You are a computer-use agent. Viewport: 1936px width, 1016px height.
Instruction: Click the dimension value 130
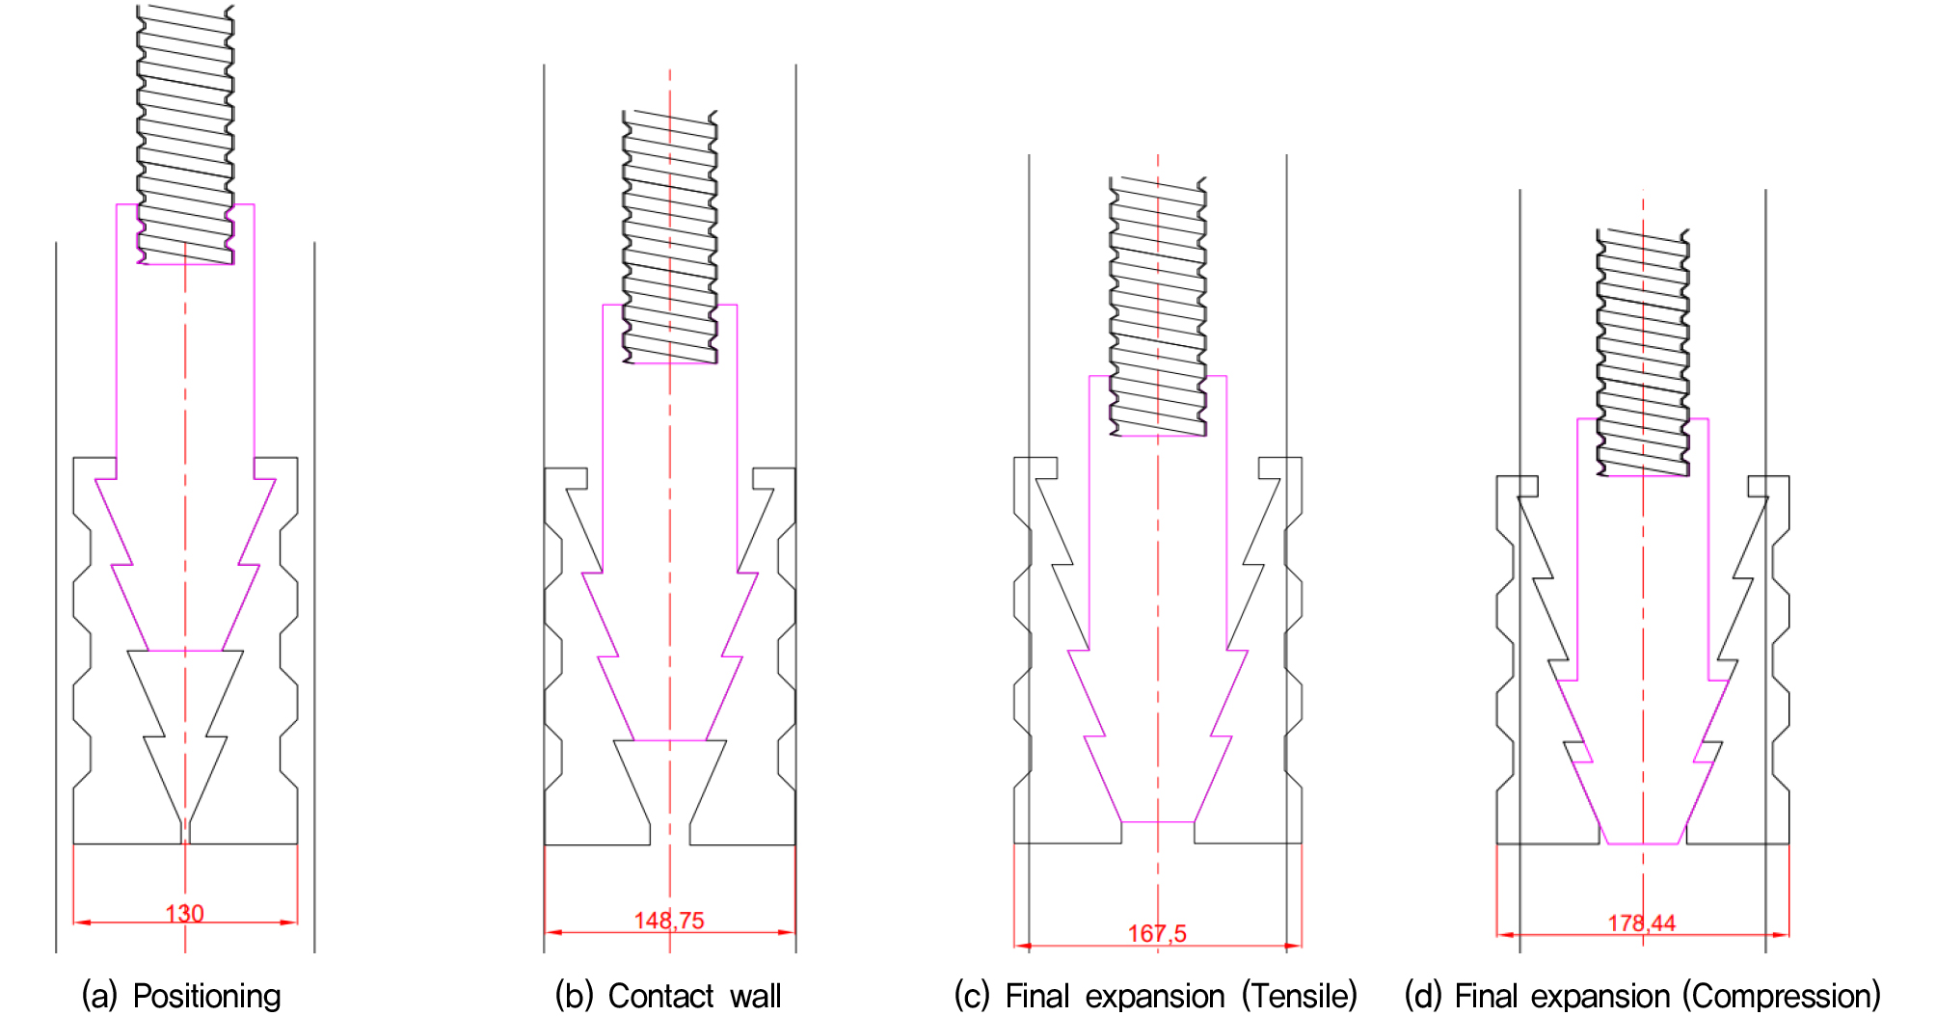click(184, 913)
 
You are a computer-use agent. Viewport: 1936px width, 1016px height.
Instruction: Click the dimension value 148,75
click(669, 921)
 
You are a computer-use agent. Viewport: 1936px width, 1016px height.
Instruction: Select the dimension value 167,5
click(1157, 933)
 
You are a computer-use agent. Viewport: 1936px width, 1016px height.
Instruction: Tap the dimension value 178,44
click(1642, 923)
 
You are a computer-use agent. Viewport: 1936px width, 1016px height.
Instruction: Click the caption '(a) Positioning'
click(181, 996)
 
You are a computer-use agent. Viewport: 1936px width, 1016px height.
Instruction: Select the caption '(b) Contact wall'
click(668, 996)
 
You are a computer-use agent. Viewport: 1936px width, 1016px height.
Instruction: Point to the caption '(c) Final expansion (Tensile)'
click(1156, 996)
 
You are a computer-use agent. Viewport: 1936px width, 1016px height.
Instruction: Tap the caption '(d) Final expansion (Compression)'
click(1643, 996)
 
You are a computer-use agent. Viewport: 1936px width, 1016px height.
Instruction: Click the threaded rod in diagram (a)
click(185, 134)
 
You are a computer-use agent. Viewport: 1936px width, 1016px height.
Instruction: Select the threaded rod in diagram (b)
click(670, 237)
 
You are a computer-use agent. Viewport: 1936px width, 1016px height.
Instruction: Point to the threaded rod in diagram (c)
click(1158, 307)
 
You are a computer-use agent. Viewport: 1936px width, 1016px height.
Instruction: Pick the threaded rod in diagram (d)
click(1643, 353)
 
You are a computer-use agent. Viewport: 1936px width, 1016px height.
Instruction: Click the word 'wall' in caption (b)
click(756, 996)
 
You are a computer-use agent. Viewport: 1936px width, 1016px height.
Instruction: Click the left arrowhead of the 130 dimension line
click(82, 922)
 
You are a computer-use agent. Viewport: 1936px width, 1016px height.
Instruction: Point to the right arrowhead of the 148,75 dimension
click(787, 932)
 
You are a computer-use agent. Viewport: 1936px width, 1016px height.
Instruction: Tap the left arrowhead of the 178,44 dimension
click(1506, 934)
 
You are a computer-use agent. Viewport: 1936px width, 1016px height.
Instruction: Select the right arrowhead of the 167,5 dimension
click(1293, 946)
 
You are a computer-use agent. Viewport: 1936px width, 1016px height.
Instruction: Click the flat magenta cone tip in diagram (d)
click(1644, 843)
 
